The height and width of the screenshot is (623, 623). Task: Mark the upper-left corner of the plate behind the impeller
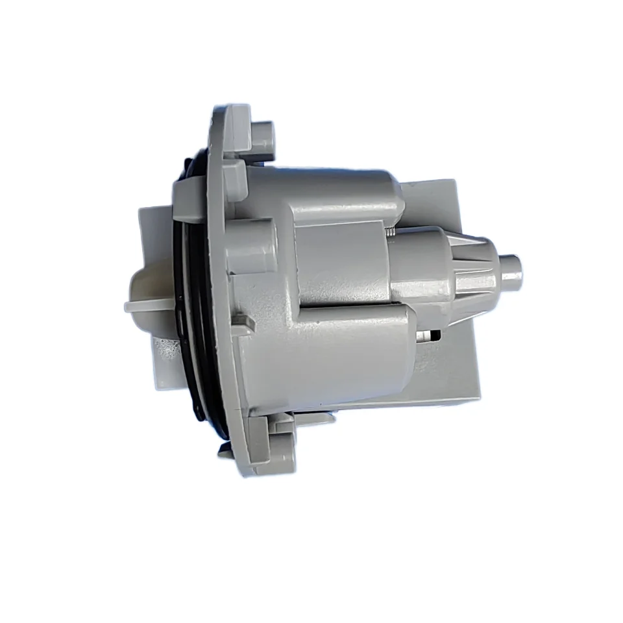point(144,209)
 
